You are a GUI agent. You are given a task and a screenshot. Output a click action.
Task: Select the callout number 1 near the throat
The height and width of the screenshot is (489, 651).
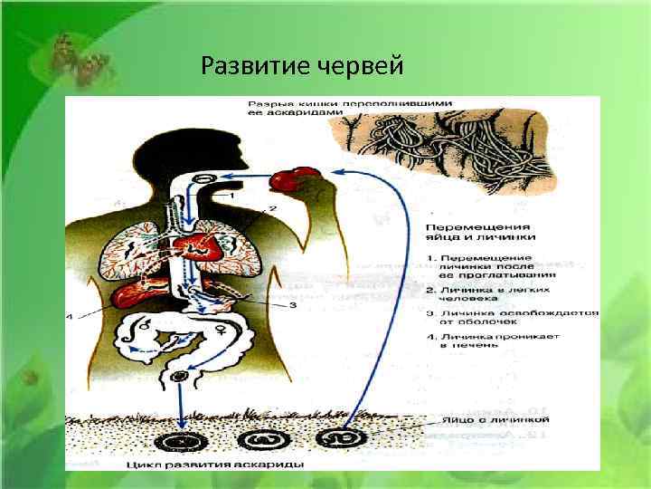pos(232,194)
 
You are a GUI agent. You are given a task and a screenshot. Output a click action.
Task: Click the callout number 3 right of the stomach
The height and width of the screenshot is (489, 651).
pos(292,306)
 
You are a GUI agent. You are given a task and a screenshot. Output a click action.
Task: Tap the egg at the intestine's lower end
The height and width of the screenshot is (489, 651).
pos(181,376)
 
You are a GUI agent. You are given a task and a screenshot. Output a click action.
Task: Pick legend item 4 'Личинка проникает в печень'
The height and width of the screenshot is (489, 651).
pos(493,340)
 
